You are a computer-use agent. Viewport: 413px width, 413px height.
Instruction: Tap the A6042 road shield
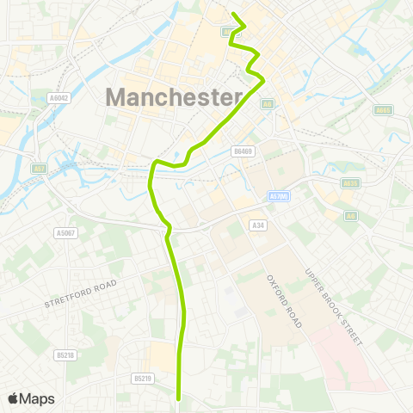click(59, 99)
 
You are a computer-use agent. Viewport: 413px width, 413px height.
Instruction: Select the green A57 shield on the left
click(39, 169)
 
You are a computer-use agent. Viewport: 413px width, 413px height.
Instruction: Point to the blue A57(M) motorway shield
click(276, 197)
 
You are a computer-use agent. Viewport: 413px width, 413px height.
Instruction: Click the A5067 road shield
click(65, 233)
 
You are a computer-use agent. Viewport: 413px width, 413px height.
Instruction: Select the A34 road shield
click(257, 225)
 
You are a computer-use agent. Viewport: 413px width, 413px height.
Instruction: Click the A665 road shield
click(384, 109)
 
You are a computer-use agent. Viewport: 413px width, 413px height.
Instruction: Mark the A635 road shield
click(349, 183)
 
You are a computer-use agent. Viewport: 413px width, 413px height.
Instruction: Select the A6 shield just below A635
click(350, 216)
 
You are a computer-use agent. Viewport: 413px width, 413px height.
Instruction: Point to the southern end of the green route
click(178, 398)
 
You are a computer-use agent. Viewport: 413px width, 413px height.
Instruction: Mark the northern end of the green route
click(235, 13)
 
